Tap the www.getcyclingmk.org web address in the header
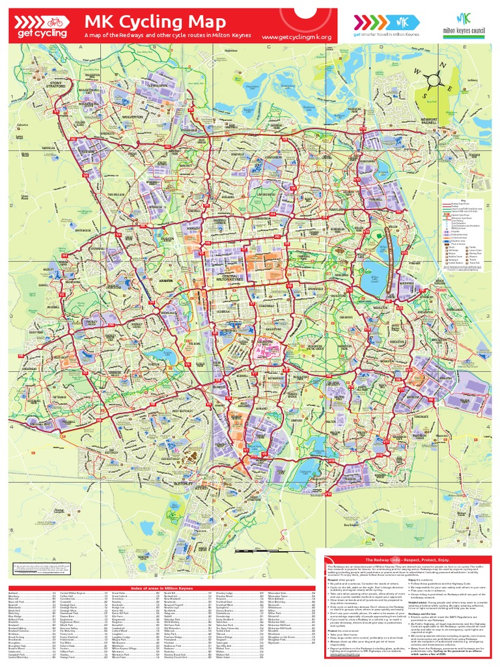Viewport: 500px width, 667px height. coord(296,37)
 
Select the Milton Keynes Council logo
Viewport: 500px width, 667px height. coord(464,26)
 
